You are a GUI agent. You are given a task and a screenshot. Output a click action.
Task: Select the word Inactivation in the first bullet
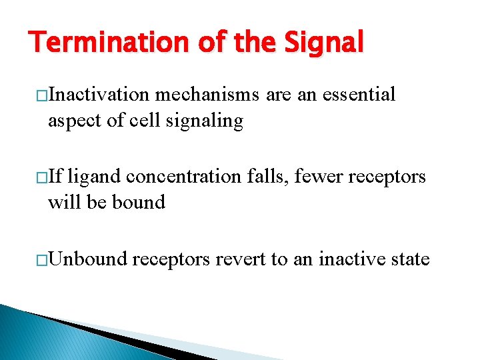99,95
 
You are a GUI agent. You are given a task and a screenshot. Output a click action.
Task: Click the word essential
359,95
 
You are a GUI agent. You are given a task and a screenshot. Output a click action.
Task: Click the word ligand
94,177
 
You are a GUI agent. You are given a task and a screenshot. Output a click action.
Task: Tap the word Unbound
87,258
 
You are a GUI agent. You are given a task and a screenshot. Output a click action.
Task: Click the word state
409,258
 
